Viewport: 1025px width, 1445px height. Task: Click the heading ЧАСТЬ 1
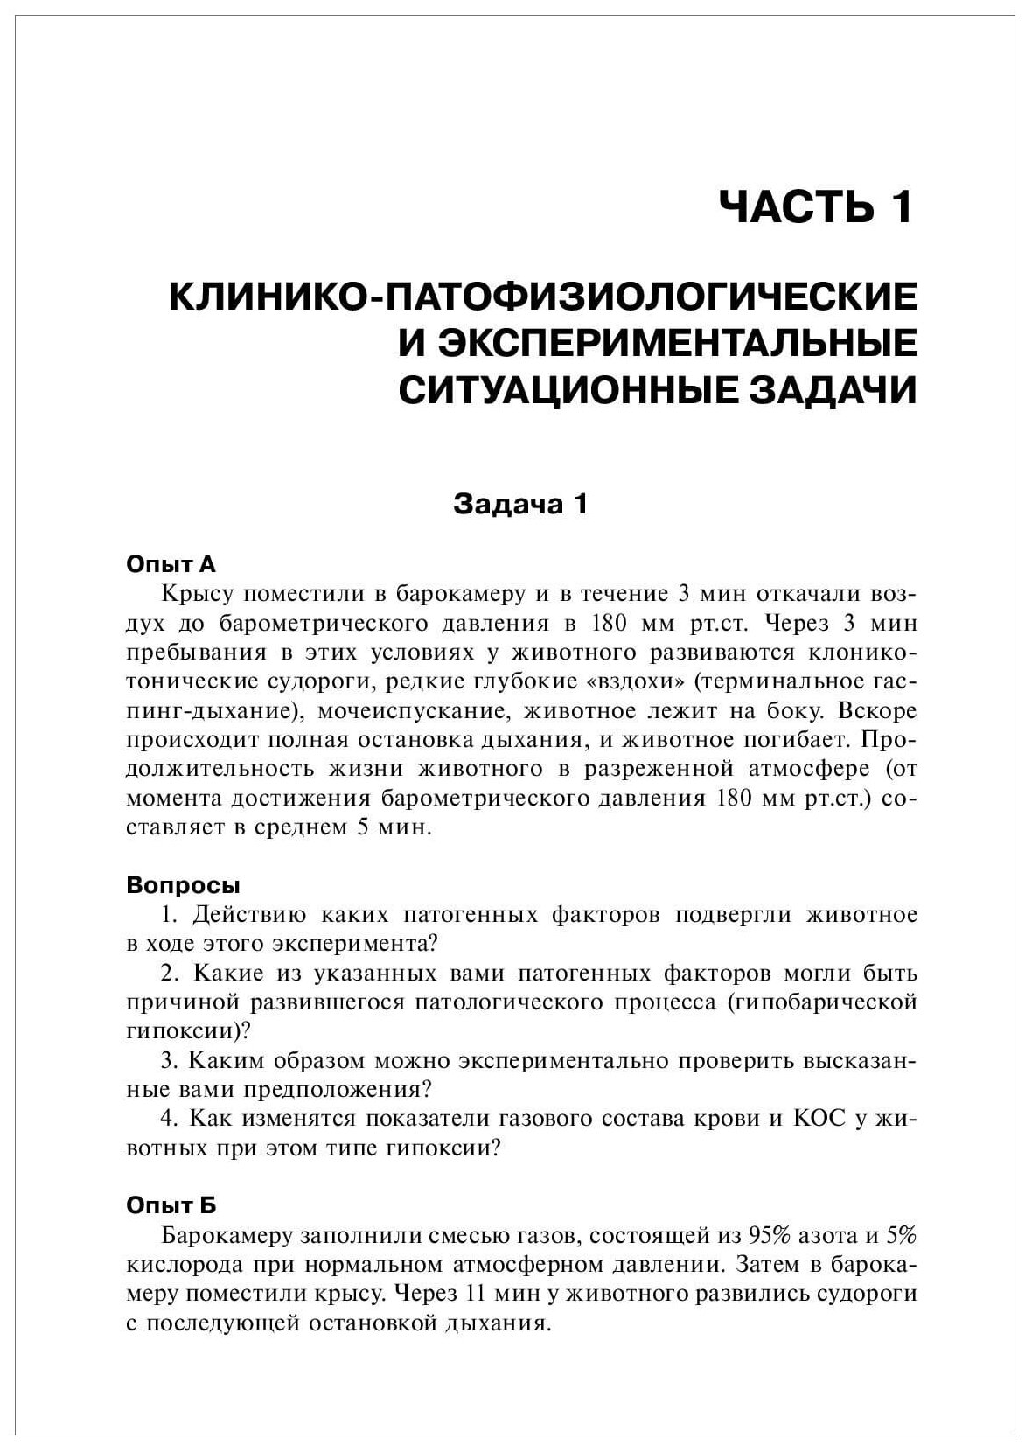816,208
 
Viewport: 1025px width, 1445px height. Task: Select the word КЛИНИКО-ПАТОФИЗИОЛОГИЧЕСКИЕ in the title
543,297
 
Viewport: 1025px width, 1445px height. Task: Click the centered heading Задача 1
519,504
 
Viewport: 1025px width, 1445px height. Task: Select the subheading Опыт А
171,563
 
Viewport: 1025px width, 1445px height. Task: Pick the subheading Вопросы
184,884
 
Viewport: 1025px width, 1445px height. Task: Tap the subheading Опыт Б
171,1205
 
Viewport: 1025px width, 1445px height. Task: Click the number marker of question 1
169,914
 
